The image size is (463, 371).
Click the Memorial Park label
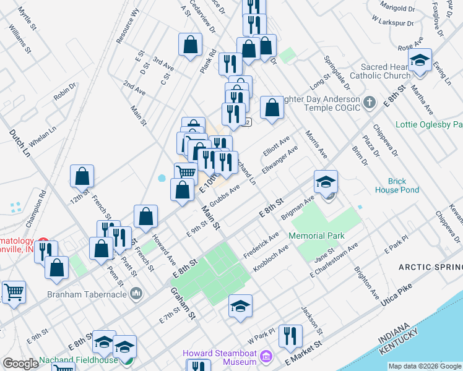[x=316, y=236]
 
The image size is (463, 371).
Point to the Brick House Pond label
[x=396, y=185]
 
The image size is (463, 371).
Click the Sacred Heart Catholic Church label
[x=379, y=71]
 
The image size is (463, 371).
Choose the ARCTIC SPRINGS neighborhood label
[x=430, y=267]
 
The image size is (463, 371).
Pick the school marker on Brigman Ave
[x=326, y=181]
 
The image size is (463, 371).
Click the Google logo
[x=21, y=364]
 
